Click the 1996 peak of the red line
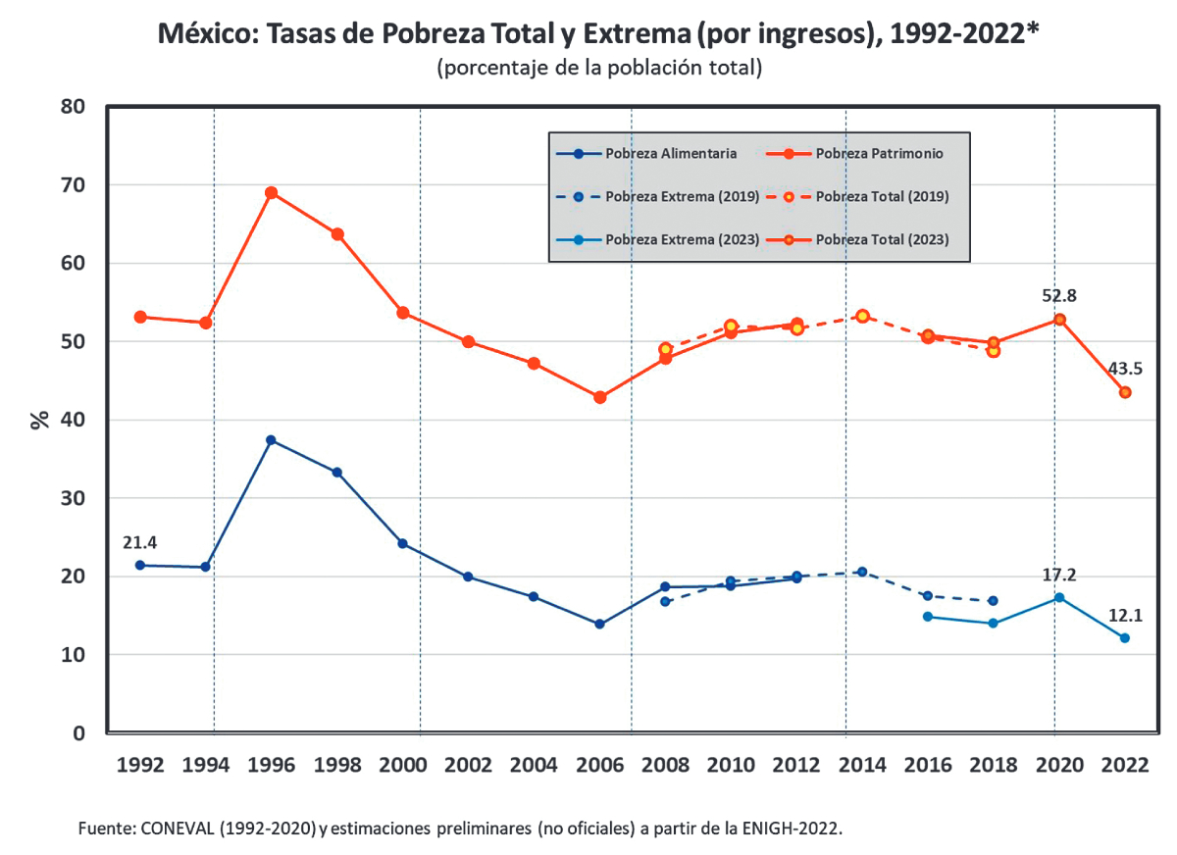click(x=272, y=192)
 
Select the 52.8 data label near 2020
click(x=1058, y=296)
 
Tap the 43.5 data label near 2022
click(x=1124, y=369)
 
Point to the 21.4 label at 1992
click(x=140, y=542)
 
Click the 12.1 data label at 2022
click(x=1124, y=615)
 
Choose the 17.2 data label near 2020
click(x=1058, y=575)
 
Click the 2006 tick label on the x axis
click(x=599, y=766)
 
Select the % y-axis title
click(x=40, y=420)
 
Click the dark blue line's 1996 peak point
click(x=272, y=440)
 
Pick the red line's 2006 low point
click(x=599, y=397)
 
